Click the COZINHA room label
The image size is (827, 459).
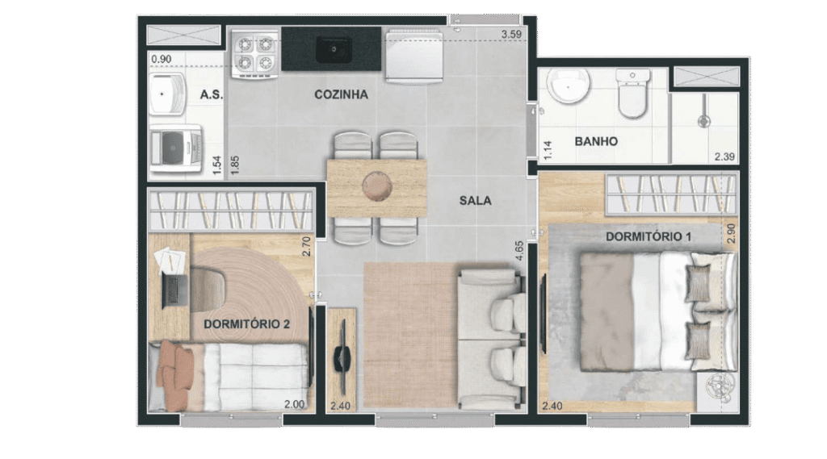click(x=342, y=95)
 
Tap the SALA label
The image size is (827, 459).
click(x=475, y=201)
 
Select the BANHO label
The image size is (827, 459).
click(x=596, y=141)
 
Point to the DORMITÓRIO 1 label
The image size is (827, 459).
click(x=649, y=236)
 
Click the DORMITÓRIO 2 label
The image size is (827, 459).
click(x=247, y=324)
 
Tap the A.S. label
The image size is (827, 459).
click(x=212, y=95)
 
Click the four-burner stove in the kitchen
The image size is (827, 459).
click(x=254, y=53)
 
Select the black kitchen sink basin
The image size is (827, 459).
click(x=334, y=50)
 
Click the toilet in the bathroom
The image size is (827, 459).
click(x=632, y=93)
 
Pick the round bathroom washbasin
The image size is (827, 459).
click(x=568, y=86)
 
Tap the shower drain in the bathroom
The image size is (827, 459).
click(x=703, y=122)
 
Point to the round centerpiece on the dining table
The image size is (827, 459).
click(x=377, y=186)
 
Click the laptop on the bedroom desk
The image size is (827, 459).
click(x=174, y=291)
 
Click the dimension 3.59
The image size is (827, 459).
click(x=511, y=35)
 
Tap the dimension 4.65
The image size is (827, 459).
click(x=519, y=252)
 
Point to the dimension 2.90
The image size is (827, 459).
click(x=731, y=233)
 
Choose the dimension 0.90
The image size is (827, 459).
click(x=162, y=59)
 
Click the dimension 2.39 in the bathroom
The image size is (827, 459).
click(x=724, y=156)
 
